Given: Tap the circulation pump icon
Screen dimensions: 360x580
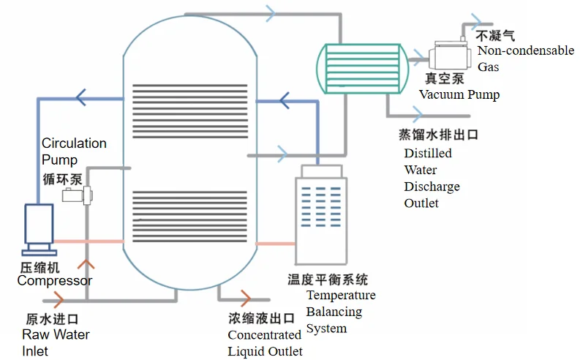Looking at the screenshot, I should (77, 195).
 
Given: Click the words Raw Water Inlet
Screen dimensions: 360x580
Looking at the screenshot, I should (56, 342).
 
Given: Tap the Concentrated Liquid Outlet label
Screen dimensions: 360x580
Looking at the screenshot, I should (264, 343).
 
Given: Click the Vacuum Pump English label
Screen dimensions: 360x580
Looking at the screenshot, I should (459, 94).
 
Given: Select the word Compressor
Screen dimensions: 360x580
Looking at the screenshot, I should (55, 281).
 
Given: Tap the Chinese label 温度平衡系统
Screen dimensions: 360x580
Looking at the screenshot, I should (328, 280).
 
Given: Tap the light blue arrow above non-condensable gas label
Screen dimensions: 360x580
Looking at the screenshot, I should (479, 20).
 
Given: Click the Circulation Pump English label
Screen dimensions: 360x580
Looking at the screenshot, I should (74, 151).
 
